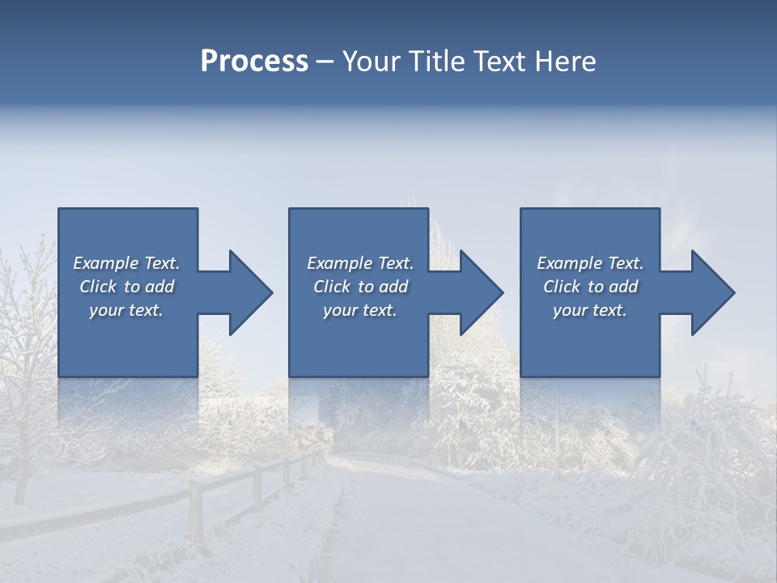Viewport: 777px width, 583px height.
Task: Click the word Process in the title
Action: [x=254, y=62]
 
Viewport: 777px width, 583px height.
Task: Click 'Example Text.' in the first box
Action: [x=126, y=263]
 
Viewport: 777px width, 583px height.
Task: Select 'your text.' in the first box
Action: [x=126, y=310]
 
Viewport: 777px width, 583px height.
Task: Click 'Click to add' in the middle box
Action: [x=360, y=287]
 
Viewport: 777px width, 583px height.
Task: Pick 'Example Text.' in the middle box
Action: [x=360, y=263]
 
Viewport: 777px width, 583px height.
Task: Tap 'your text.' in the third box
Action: [x=590, y=310]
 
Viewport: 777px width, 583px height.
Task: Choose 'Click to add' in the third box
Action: [x=590, y=287]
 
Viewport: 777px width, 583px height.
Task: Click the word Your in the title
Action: [x=373, y=62]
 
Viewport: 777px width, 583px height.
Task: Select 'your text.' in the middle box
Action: [x=360, y=310]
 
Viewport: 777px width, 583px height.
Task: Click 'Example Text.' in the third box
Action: [x=590, y=263]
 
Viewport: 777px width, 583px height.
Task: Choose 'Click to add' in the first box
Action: [x=126, y=287]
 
